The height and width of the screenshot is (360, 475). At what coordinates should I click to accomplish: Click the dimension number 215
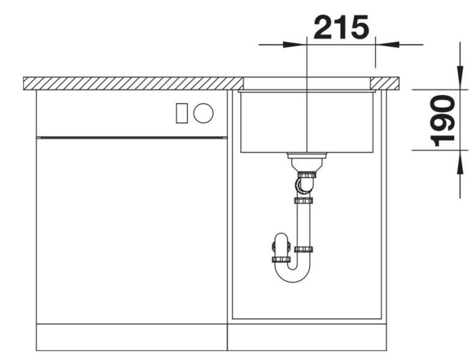pos(342,28)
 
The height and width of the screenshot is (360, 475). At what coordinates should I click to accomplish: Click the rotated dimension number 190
pos(443,121)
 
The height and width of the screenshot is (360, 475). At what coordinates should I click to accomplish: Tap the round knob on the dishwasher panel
pos(203,113)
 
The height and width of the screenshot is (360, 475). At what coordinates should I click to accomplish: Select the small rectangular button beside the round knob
pos(182,113)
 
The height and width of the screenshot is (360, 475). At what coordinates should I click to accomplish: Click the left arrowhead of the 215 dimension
pos(295,44)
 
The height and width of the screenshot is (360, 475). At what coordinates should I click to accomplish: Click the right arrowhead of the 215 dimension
pos(387,44)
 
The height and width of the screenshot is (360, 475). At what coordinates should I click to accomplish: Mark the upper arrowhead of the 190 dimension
pos(460,78)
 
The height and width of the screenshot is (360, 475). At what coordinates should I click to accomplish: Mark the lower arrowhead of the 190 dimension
pos(460,163)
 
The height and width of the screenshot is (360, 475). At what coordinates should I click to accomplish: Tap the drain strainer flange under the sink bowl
pos(307,156)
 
